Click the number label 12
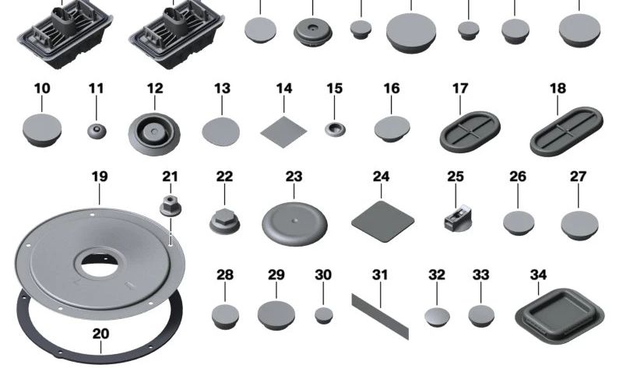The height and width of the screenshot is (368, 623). [x=154, y=89]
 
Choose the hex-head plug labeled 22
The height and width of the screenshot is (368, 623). [x=224, y=221]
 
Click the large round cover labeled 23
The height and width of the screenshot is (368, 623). [x=294, y=223]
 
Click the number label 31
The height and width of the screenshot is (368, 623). [x=379, y=275]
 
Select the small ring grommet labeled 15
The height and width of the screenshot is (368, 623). [x=335, y=128]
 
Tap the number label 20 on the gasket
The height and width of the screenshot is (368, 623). [x=100, y=334]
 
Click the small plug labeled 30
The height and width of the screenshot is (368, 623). [x=323, y=315]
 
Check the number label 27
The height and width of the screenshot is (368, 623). [x=578, y=177]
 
